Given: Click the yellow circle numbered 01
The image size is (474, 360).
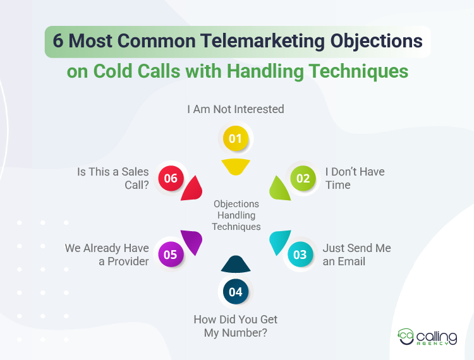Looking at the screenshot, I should [235, 138].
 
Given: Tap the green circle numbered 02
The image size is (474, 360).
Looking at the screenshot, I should [303, 178].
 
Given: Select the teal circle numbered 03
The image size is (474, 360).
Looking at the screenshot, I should [300, 255].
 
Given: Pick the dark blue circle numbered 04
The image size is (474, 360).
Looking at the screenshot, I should [235, 292].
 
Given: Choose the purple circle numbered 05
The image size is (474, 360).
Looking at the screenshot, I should [171, 255].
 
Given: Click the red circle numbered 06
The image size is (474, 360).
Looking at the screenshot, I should [171, 178].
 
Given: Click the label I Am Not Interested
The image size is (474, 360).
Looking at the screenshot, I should [236, 109].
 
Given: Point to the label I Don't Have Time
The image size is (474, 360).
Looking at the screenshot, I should [355, 178].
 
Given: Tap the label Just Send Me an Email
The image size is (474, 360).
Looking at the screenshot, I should [356, 255].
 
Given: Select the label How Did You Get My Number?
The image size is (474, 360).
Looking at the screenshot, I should [236, 325].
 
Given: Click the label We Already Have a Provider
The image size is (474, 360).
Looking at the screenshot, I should [107, 255].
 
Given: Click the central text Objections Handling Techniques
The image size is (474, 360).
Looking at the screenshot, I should [236, 215].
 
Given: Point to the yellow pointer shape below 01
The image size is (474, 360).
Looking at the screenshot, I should [236, 166].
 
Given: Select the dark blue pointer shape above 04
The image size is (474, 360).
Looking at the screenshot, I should [236, 265].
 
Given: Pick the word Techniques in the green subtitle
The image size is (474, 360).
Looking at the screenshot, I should [358, 71].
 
